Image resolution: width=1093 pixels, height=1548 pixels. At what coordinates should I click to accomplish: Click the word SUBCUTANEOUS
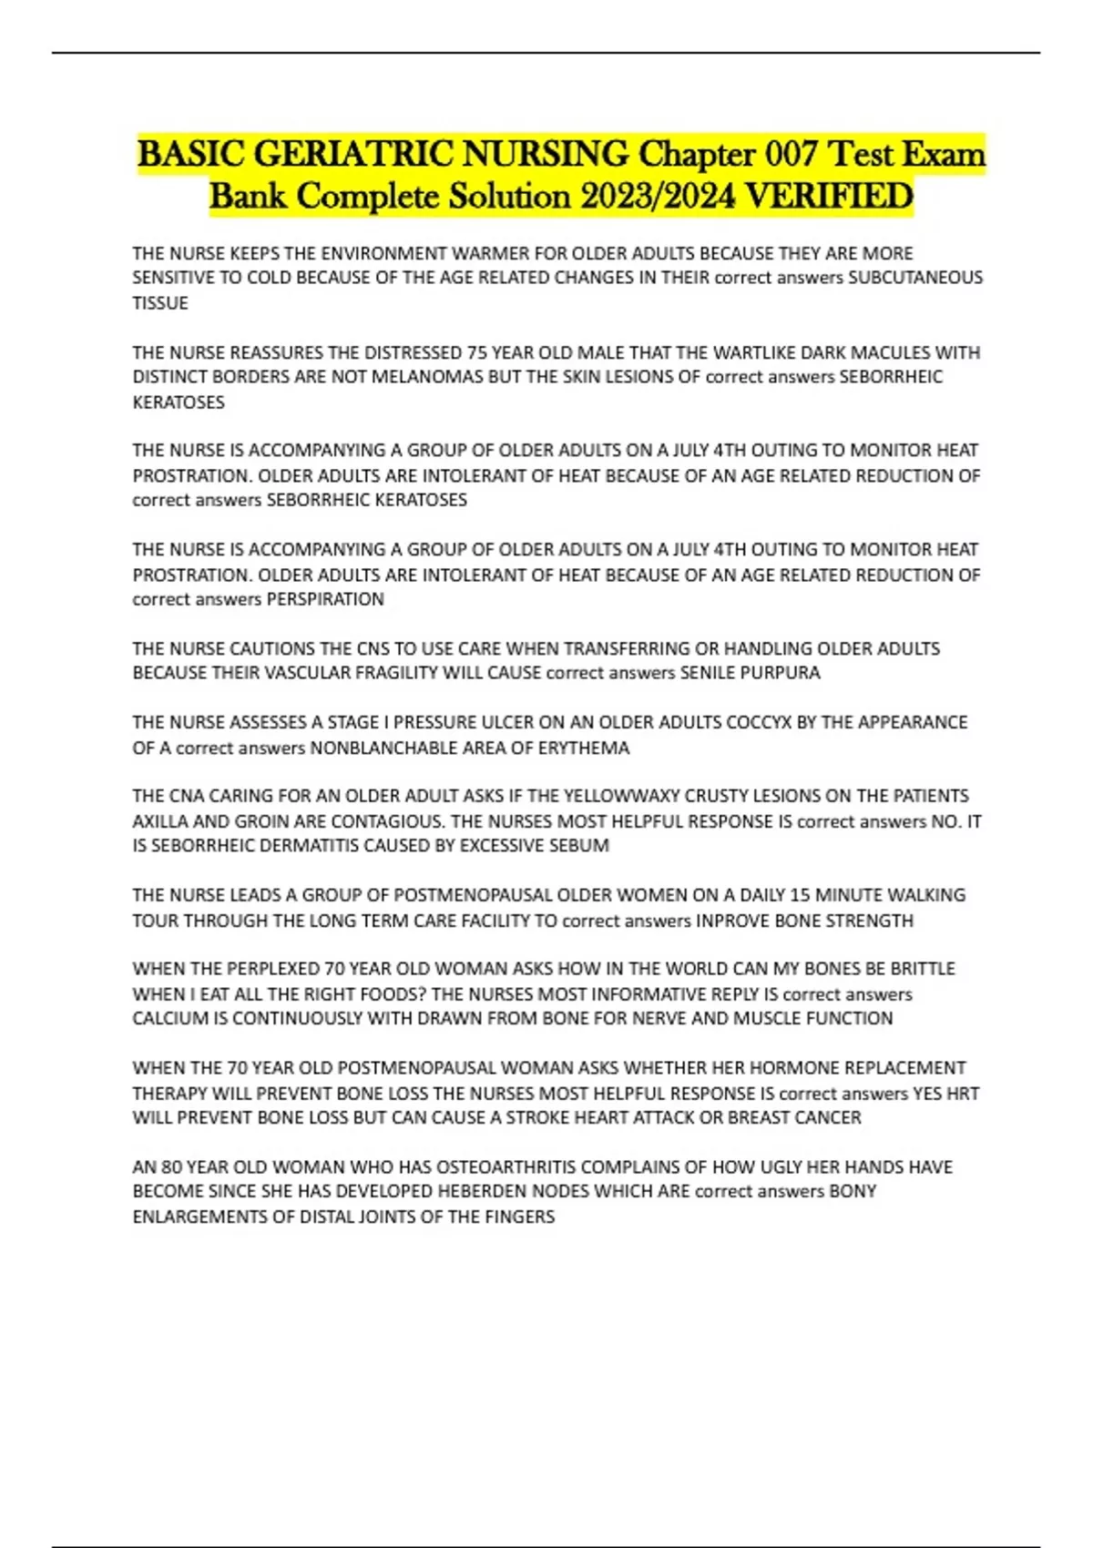click(915, 278)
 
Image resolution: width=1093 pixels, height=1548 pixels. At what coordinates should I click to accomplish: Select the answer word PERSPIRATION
click(325, 599)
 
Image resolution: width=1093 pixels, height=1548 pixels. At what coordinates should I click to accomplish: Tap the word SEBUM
click(579, 846)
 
